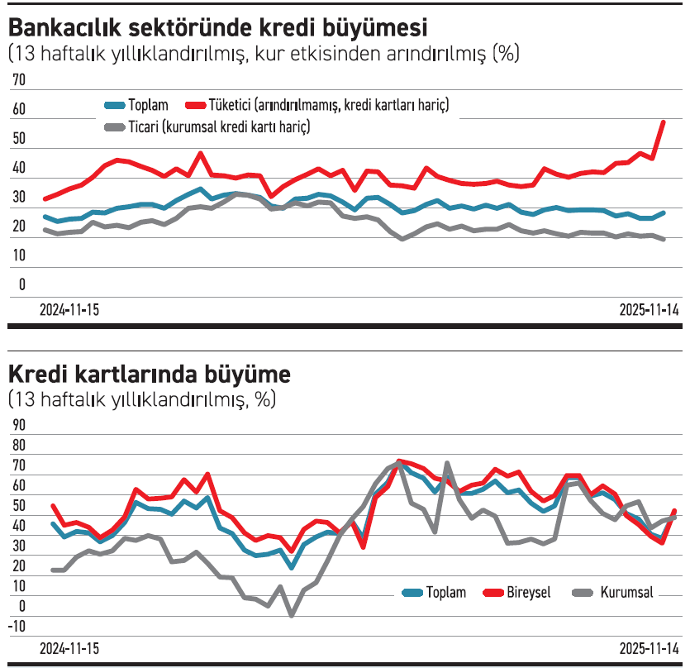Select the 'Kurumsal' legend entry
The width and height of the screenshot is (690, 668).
626,592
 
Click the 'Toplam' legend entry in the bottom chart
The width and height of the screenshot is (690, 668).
445,592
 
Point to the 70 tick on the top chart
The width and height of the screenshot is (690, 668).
19,79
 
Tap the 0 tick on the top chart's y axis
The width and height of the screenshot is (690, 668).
22,285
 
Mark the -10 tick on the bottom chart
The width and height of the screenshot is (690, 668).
17,626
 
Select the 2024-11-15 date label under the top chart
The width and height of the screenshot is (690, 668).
69,310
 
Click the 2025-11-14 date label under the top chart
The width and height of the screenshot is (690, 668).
649,310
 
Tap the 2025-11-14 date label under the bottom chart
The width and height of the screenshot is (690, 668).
649,647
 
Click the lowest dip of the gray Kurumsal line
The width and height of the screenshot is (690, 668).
291,614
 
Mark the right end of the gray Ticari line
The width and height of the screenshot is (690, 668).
664,239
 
